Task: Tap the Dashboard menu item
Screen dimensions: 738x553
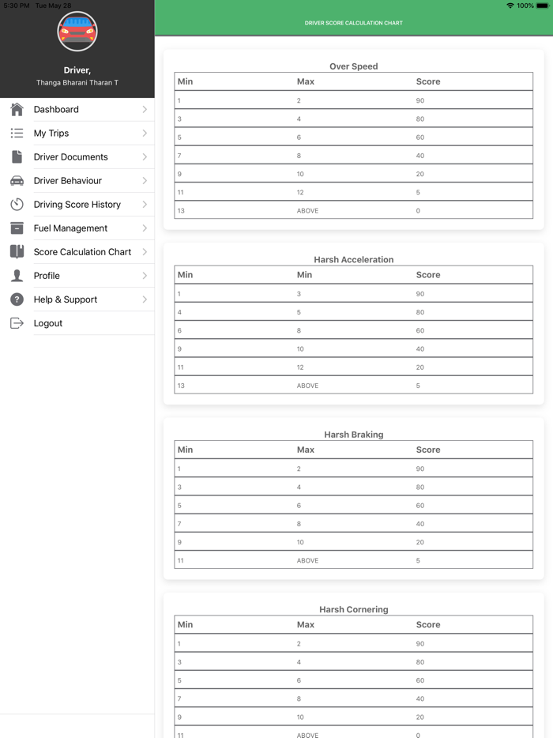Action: (56, 110)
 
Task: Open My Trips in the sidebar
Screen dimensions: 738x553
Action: (51, 134)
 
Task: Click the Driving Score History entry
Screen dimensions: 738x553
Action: (77, 205)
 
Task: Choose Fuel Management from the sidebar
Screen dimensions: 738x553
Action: (70, 228)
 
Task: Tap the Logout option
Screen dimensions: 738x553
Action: (48, 323)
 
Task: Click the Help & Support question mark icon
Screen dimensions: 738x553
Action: (17, 299)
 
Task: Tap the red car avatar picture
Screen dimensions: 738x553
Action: (77, 32)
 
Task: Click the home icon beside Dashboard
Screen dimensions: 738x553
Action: (17, 110)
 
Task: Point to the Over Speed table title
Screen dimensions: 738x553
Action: (354, 66)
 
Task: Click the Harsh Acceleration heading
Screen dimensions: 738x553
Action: (354, 259)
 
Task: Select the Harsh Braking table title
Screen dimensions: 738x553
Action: (354, 435)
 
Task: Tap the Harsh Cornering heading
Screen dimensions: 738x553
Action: (354, 609)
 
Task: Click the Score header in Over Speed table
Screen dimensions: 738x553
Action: (428, 81)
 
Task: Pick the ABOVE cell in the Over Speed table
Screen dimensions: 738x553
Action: (307, 211)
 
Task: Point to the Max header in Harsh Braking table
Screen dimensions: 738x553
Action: (306, 450)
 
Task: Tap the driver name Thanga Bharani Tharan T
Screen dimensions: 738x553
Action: (77, 83)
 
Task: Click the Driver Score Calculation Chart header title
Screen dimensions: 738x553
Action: (354, 23)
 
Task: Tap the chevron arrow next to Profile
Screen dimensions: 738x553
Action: (145, 276)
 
